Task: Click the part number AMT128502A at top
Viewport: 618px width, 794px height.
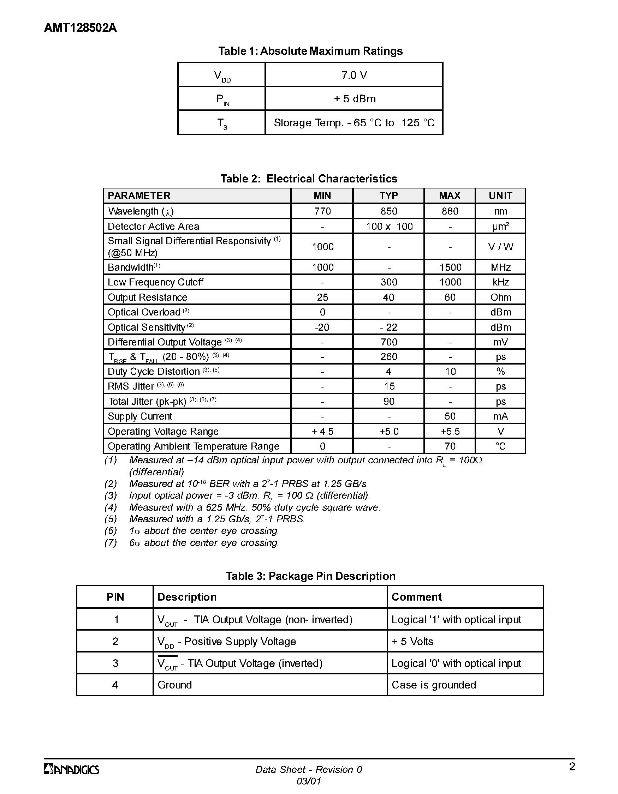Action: click(81, 28)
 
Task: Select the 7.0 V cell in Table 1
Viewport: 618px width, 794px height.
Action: click(354, 75)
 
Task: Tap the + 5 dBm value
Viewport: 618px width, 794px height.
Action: click(354, 99)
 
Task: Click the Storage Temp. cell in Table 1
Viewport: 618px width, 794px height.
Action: click(354, 123)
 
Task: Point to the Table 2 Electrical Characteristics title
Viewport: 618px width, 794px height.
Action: click(309, 179)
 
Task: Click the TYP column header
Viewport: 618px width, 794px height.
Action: click(388, 196)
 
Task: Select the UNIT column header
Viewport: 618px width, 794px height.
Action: click(500, 196)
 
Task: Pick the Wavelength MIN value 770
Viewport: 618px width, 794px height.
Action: click(322, 211)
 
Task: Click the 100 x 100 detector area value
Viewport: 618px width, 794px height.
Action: click(389, 227)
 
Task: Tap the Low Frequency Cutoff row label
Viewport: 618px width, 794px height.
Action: click(155, 282)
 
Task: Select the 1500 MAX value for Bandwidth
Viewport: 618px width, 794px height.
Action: click(450, 267)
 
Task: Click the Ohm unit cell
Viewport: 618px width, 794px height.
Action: click(500, 297)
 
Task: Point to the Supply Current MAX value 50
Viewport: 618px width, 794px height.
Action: click(450, 416)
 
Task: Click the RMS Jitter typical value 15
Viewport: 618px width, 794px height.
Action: click(389, 386)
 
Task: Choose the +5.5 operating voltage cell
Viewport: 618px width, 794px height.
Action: click(450, 432)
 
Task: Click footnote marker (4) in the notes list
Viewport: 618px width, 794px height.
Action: click(111, 507)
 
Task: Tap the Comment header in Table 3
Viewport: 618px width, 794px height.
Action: click(416, 597)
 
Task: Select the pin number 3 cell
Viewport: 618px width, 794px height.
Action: click(115, 663)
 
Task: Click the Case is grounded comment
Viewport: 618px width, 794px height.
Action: click(434, 685)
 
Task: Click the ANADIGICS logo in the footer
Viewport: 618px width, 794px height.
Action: click(72, 769)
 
